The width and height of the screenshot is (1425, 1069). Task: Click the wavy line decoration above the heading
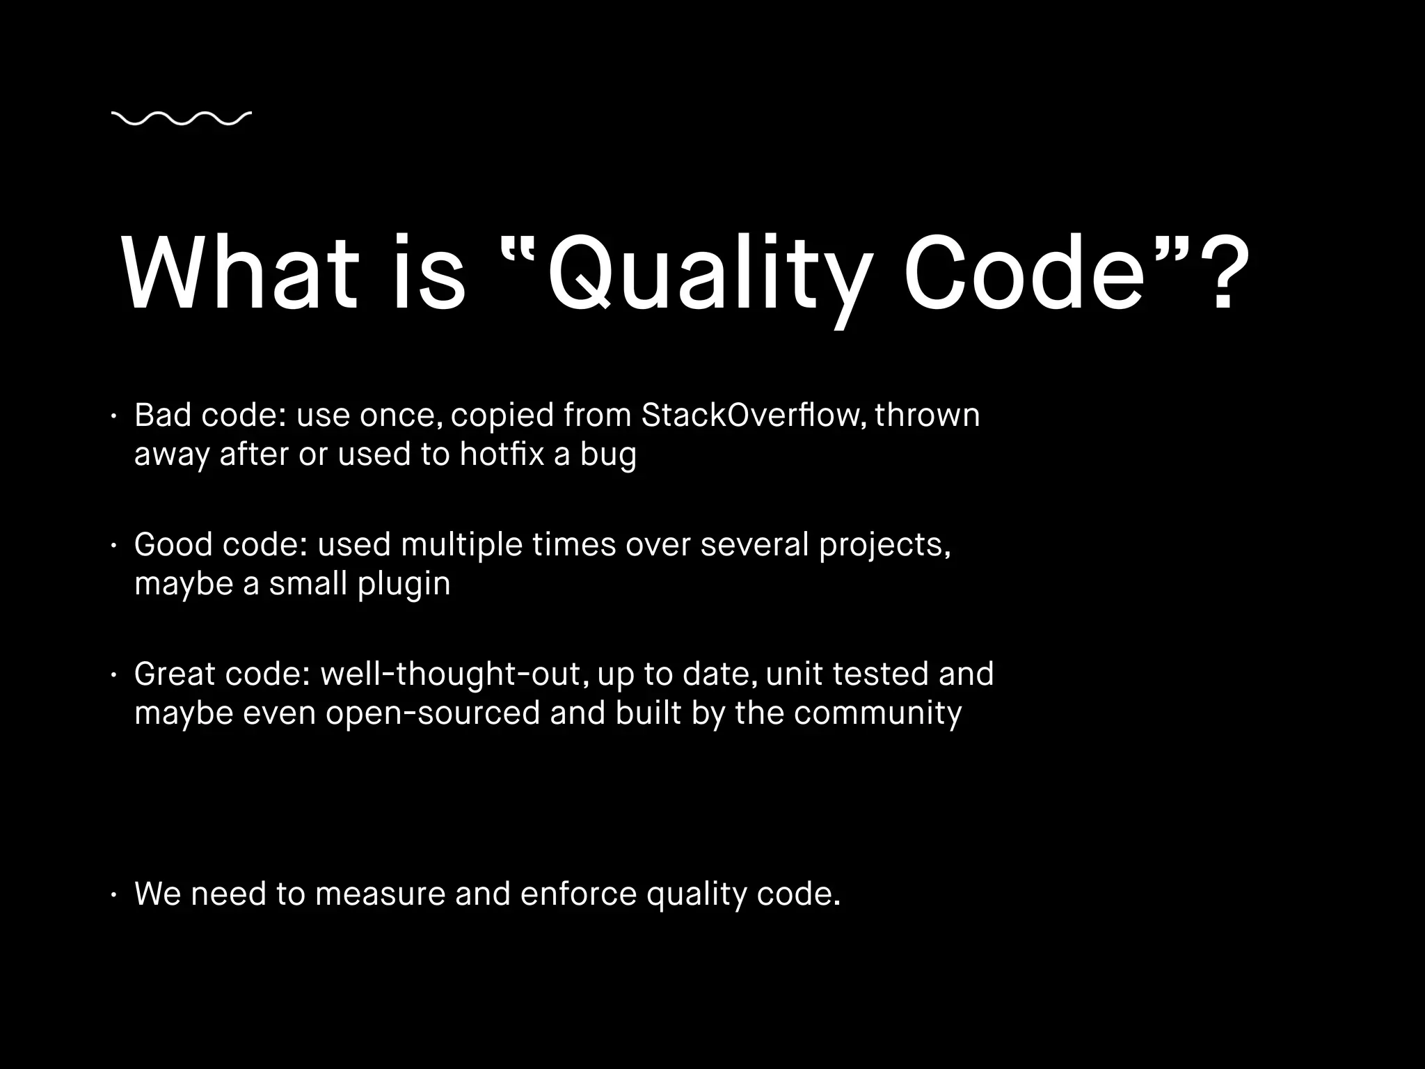tap(181, 119)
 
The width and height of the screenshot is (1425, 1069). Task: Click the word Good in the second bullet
tap(173, 544)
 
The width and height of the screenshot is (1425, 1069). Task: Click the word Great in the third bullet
tap(175, 674)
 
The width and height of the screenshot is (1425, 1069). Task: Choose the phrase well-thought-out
tap(450, 674)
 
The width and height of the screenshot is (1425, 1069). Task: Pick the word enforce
tap(578, 894)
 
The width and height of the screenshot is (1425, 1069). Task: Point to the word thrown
tap(927, 415)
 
